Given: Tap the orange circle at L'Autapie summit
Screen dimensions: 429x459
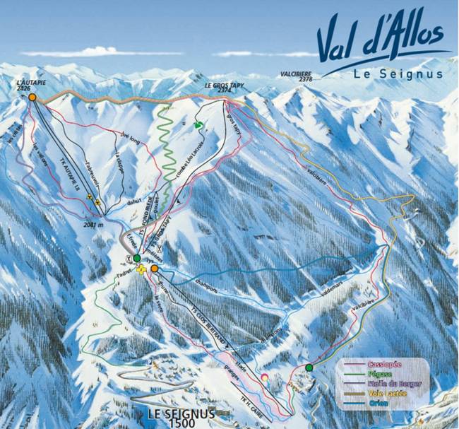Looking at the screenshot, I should point(32,98).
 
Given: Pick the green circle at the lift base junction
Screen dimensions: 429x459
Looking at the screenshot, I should point(136,259).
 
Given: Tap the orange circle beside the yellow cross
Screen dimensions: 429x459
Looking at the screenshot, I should point(155,269).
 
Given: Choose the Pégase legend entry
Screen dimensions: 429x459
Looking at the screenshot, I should point(382,374).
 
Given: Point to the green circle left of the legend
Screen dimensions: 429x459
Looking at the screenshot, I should point(309,368).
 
